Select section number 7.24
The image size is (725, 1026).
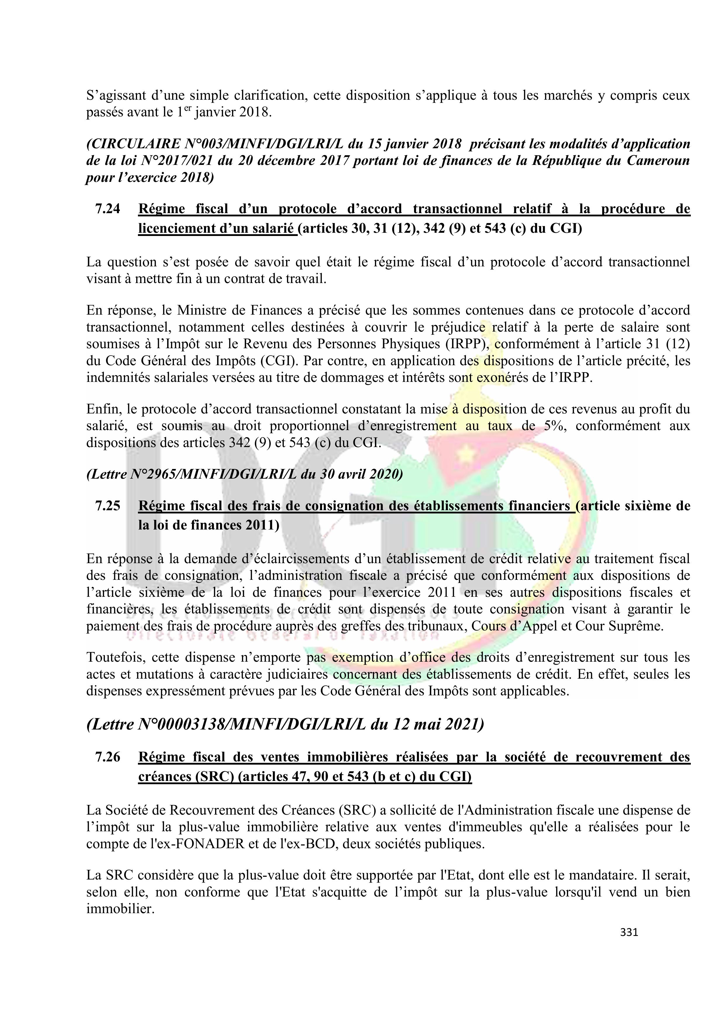(108, 209)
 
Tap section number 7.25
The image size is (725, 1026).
(108, 506)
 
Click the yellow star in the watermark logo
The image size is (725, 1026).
(467, 455)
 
